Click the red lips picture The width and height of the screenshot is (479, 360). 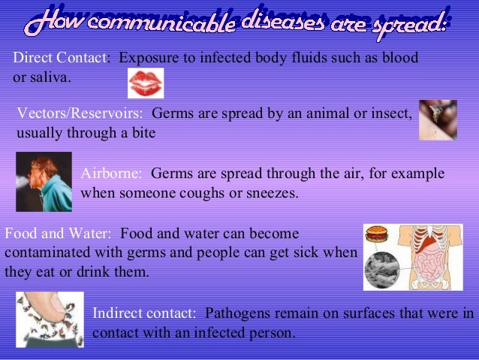click(146, 83)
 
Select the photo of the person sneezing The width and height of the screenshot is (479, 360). click(44, 181)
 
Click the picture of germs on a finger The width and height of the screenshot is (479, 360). click(50, 319)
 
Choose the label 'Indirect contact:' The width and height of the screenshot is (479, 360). click(145, 312)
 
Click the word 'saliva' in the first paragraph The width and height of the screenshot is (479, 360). click(49, 77)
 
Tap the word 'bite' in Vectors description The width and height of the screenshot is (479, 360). click(142, 133)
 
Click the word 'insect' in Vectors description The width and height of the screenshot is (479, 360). click(393, 113)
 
